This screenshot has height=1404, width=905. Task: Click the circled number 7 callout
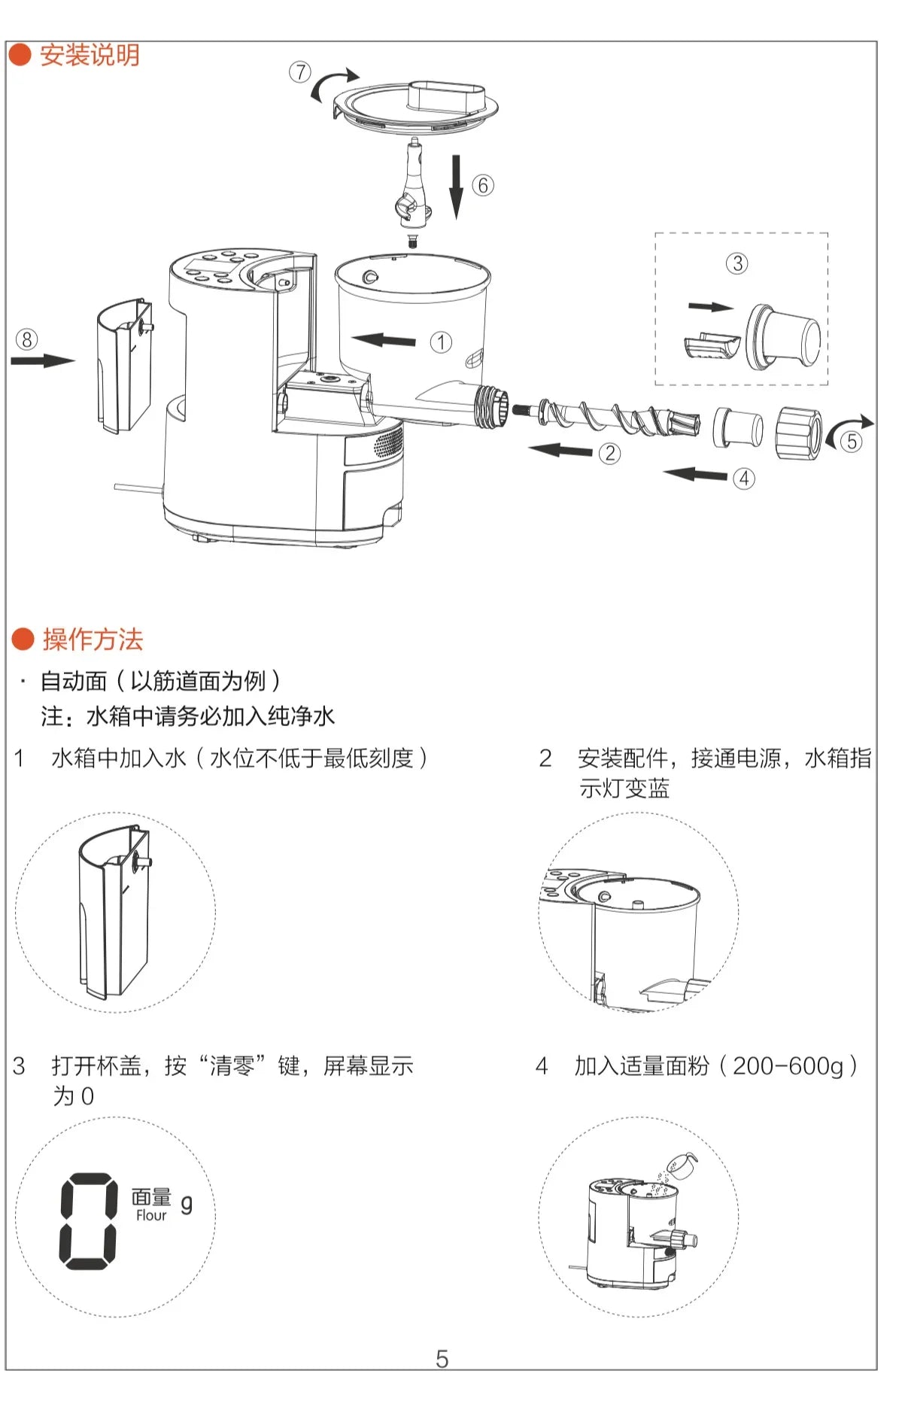pyautogui.click(x=300, y=72)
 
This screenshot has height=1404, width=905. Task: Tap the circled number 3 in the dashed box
pyautogui.click(x=737, y=263)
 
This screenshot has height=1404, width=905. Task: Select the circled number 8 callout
pyautogui.click(x=26, y=339)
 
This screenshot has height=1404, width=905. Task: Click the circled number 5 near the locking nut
pyautogui.click(x=852, y=441)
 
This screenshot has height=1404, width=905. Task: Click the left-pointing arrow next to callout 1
pyautogui.click(x=384, y=340)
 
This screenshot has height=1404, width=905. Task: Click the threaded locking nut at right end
pyautogui.click(x=799, y=433)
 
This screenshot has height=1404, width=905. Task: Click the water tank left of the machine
pyautogui.click(x=123, y=366)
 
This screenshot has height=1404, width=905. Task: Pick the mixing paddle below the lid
pyautogui.click(x=413, y=188)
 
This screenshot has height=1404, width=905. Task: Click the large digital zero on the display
pyautogui.click(x=89, y=1221)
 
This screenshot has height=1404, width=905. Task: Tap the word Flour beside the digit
pyautogui.click(x=151, y=1215)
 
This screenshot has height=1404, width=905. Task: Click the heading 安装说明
pyautogui.click(x=89, y=55)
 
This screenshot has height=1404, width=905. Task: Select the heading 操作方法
pyautogui.click(x=92, y=640)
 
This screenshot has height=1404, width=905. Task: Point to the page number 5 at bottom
pyautogui.click(x=442, y=1359)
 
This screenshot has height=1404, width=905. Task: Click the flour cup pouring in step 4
pyautogui.click(x=682, y=1165)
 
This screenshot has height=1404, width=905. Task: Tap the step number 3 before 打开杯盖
pyautogui.click(x=20, y=1066)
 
